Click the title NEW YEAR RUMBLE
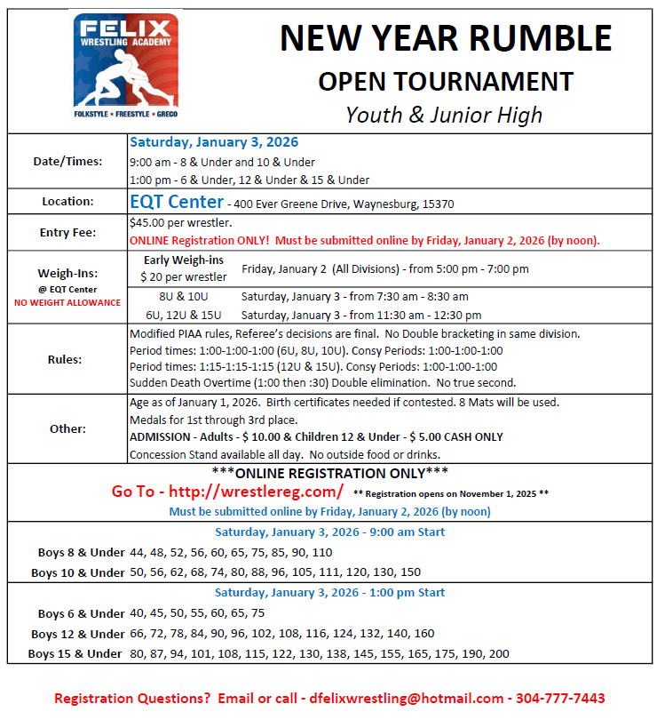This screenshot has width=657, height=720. coord(446,38)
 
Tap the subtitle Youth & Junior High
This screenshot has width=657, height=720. coord(444,115)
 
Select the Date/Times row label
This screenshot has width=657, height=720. coord(67,161)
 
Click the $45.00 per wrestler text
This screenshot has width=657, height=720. coord(180,223)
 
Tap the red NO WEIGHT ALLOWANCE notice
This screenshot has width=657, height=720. coord(67,302)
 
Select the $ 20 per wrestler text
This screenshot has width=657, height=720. coord(184,277)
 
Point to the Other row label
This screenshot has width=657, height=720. coord(67,428)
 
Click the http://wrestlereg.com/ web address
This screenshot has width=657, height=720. coord(255,491)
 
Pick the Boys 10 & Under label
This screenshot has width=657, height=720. coord(77,572)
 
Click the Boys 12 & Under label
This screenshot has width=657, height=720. coord(77,634)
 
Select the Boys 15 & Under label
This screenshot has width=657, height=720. coord(75,654)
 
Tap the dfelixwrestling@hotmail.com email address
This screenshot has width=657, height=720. coord(408,699)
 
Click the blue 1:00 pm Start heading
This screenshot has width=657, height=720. coord(329,593)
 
